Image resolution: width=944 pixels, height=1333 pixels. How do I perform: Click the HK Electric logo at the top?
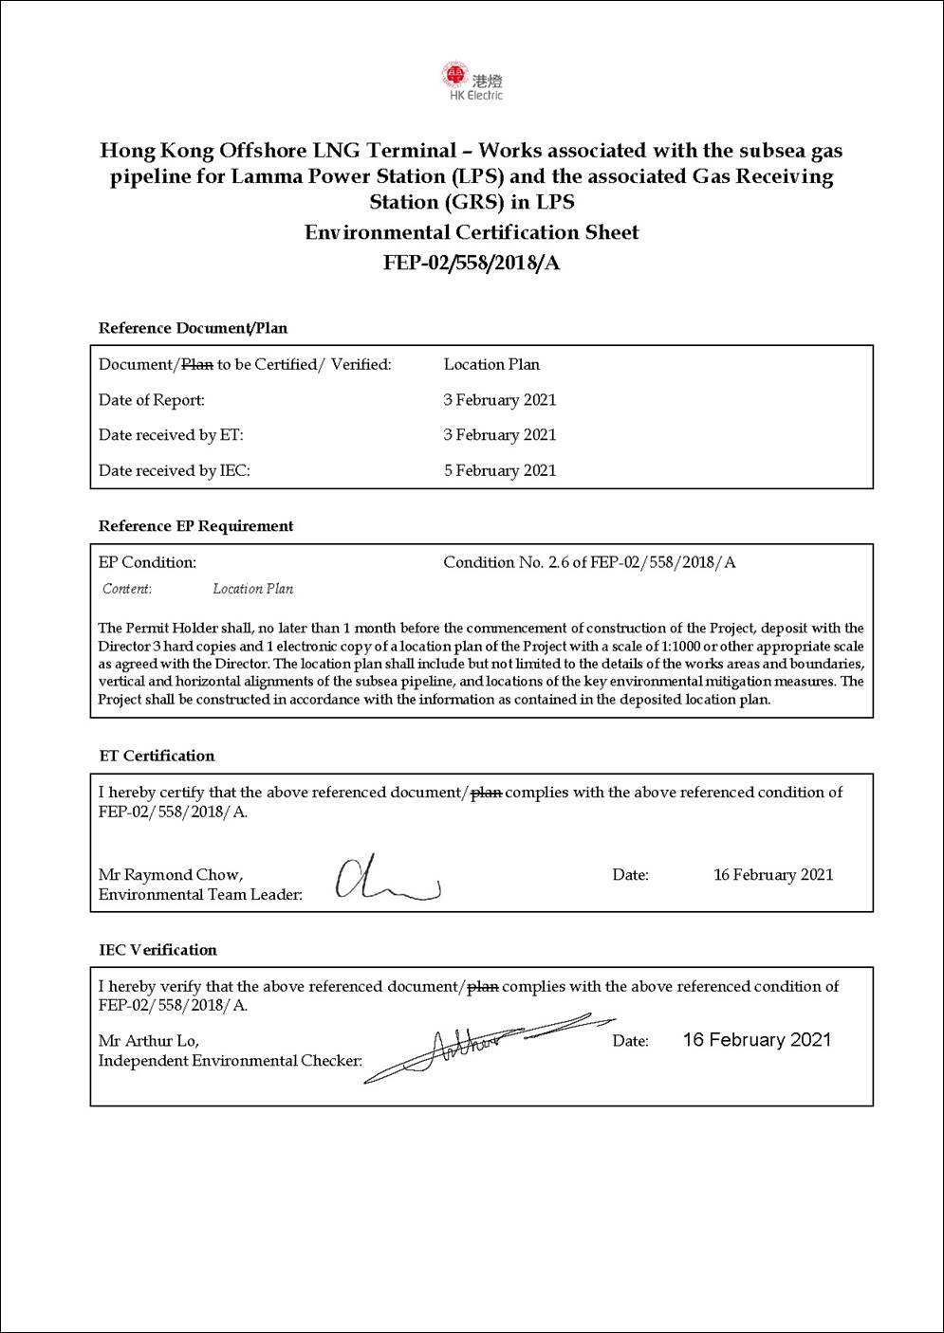[472, 82]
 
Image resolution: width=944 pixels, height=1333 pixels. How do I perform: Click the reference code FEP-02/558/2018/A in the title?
[472, 263]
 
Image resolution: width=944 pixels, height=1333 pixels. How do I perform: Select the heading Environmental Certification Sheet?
[472, 232]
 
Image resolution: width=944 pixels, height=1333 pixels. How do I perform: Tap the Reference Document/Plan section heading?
[193, 328]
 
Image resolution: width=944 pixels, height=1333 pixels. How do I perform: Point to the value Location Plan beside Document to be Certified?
[491, 364]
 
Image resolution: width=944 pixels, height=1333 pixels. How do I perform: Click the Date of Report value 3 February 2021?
[500, 400]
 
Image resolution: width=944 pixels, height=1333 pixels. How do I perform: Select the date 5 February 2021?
[500, 470]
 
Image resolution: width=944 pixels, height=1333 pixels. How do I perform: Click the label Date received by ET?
[171, 435]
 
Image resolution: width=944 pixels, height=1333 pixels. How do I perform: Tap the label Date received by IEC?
[175, 470]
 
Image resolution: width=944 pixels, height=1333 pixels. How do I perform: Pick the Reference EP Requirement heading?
[195, 526]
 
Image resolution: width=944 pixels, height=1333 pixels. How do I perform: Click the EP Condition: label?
[147, 562]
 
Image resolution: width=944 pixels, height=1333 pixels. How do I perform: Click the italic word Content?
[127, 589]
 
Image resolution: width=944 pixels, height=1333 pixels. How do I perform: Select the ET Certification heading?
[157, 756]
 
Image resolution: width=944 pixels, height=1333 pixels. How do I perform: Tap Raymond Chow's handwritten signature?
[385, 878]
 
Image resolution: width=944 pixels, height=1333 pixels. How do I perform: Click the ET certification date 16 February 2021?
[773, 874]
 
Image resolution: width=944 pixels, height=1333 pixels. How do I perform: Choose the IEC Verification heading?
[158, 950]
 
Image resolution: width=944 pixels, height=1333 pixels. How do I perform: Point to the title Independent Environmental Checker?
[231, 1061]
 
